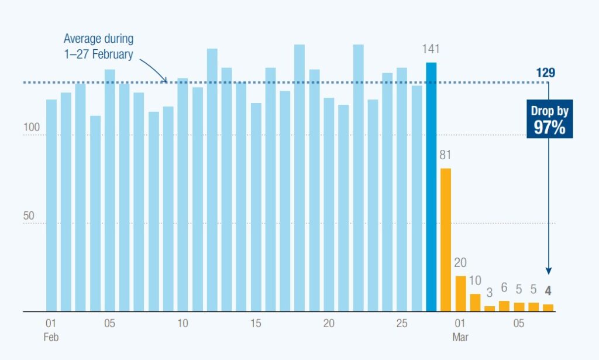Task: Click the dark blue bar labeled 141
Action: pyautogui.click(x=431, y=187)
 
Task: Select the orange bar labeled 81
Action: pyautogui.click(x=446, y=240)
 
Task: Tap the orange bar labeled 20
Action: pyautogui.click(x=460, y=293)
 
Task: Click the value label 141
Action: pyautogui.click(x=431, y=50)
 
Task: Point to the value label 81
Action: pyautogui.click(x=446, y=156)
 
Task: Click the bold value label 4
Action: pyautogui.click(x=548, y=290)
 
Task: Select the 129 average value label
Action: pyautogui.click(x=545, y=73)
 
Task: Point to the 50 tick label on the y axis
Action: pyautogui.click(x=29, y=216)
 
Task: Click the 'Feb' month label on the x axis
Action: pyautogui.click(x=51, y=338)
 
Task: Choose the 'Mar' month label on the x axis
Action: pyautogui.click(x=460, y=338)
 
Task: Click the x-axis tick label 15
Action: pyautogui.click(x=256, y=324)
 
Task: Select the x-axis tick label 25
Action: pyautogui.click(x=402, y=324)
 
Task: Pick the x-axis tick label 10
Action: pyautogui.click(x=183, y=324)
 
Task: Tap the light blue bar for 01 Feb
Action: pyautogui.click(x=51, y=205)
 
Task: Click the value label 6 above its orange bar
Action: pyautogui.click(x=504, y=289)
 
